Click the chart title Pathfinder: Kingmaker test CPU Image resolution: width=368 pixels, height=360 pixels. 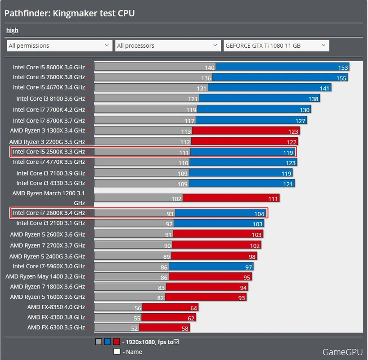70,13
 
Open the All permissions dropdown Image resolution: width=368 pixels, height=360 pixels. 59,45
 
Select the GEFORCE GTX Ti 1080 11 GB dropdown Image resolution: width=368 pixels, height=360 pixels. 276,45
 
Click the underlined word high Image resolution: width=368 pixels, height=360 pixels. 12,30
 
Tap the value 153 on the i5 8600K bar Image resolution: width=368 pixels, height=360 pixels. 343,67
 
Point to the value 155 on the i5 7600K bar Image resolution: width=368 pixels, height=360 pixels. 341,78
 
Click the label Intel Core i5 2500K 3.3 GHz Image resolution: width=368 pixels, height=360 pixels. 49,152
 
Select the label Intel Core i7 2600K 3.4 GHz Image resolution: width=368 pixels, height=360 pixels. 49,213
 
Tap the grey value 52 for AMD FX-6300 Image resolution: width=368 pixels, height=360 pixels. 135,329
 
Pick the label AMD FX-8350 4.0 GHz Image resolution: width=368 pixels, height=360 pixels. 56,307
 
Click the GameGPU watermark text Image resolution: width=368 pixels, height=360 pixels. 342,352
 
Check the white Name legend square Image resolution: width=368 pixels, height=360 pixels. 117,352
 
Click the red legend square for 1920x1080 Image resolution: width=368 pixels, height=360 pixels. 117,342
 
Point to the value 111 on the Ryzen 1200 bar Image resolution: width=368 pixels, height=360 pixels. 273,199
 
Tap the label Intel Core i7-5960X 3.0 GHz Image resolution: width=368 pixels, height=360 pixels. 49,266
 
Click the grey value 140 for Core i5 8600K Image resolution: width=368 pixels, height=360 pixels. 209,67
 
